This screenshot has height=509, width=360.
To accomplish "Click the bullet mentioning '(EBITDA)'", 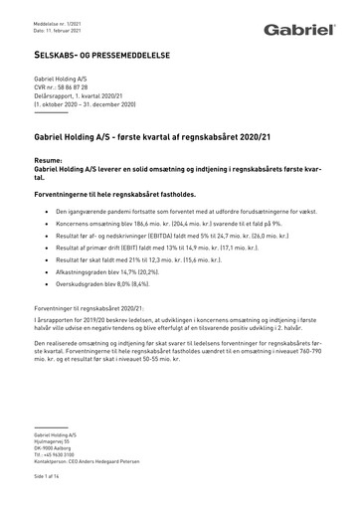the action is coord(163,241).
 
